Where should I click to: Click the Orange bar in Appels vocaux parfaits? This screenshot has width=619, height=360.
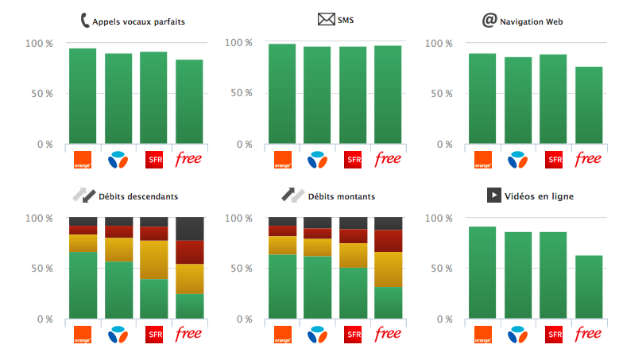pos(83,96)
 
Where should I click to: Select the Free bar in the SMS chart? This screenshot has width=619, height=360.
pos(388,95)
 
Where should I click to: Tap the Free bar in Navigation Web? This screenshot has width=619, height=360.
pos(589,105)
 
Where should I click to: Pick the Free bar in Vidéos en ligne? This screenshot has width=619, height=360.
pos(589,287)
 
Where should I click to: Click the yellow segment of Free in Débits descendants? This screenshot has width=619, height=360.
pos(189,279)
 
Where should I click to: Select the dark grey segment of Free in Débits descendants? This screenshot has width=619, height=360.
pos(189,229)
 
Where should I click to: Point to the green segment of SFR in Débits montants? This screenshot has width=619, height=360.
pos(353,293)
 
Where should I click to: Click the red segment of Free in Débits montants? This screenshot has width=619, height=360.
pos(388,241)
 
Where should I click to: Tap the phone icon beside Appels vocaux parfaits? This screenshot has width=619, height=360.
pos(85,20)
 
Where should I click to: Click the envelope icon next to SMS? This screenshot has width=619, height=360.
pos(326,19)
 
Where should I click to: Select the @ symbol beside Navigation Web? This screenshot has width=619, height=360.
pos(489,20)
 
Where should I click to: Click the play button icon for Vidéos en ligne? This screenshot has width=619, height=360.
pos(494,195)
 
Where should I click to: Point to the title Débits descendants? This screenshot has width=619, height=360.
pos(138,196)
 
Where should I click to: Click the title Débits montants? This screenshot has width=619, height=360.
pos(342,196)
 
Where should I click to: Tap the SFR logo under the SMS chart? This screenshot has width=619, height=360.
pos(353,160)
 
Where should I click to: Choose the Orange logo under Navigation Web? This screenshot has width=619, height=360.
pos(483,160)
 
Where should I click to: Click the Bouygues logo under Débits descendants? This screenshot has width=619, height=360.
pos(118,335)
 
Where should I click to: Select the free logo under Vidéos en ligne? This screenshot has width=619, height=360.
pos(588,334)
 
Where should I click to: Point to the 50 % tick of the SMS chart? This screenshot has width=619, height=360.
pos(242,93)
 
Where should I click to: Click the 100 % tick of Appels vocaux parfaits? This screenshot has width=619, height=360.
pos(39,44)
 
